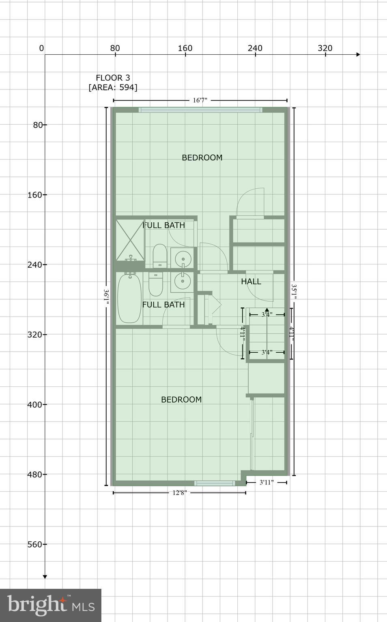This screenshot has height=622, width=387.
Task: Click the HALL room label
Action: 251,281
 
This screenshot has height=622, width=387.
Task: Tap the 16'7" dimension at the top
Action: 200,100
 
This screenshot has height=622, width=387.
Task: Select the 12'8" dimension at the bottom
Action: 179,493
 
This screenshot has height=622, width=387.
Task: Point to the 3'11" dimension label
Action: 266,482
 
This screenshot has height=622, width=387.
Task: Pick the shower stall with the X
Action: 130,240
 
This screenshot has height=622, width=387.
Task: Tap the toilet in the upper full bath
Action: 159,255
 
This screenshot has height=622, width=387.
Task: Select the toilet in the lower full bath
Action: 155,284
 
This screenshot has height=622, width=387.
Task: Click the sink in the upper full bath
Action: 183,258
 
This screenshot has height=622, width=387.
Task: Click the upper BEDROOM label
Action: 202,158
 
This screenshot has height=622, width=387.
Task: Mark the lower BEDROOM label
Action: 181,400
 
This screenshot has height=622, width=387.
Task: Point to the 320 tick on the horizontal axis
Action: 325,49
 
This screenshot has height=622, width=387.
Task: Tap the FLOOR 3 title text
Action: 113,78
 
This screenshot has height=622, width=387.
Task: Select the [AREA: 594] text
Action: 113,87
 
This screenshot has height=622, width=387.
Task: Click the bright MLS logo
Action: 51,605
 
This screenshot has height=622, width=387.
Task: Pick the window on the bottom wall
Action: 215,483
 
